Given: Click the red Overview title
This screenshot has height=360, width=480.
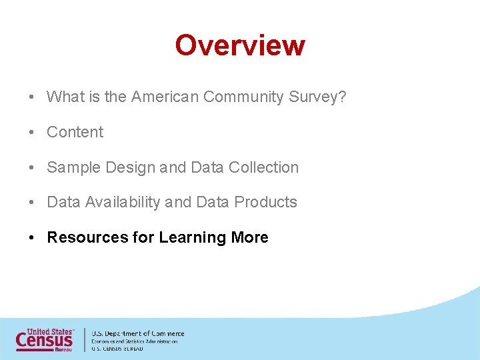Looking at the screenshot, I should pyautogui.click(x=240, y=45).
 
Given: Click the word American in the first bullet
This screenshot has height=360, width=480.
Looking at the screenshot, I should pyautogui.click(x=165, y=97).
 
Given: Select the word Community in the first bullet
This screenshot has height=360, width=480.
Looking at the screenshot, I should pyautogui.click(x=244, y=97).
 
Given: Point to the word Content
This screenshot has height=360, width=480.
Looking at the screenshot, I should pyautogui.click(x=75, y=133).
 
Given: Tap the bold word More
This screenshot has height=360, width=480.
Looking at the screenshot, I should pyautogui.click(x=249, y=238).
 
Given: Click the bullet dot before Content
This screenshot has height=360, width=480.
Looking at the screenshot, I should pyautogui.click(x=32, y=133).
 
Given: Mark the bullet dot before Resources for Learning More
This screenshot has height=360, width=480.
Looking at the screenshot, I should pyautogui.click(x=32, y=238).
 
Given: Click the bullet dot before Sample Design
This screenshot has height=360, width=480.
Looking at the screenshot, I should pyautogui.click(x=32, y=168).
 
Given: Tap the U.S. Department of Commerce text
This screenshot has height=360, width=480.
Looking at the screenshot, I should pyautogui.click(x=138, y=333).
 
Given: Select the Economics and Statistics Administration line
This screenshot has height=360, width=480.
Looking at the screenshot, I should pyautogui.click(x=135, y=341).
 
